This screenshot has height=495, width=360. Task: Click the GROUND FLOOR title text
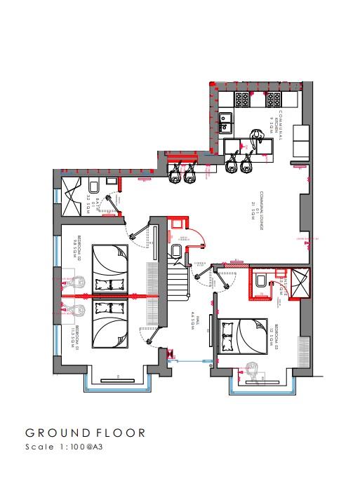point(86,433)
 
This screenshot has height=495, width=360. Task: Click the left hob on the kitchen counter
point(244,99)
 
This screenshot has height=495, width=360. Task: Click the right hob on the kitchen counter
point(274,99)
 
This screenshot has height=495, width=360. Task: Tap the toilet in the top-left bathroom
point(93,187)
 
